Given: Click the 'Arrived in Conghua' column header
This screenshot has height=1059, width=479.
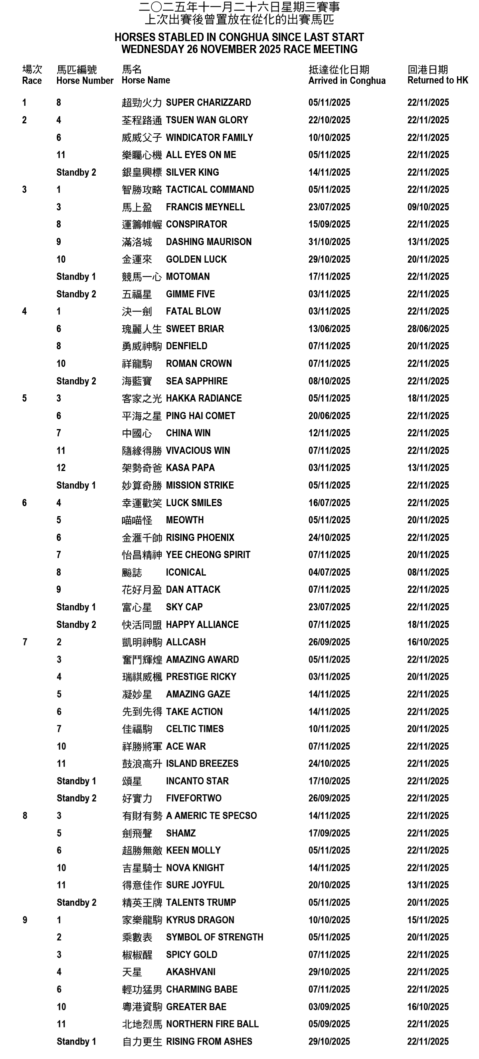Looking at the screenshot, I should [346, 81].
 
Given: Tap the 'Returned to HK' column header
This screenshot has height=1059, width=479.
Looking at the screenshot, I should [437, 80].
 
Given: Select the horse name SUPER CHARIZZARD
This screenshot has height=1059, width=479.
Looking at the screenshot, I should [208, 102].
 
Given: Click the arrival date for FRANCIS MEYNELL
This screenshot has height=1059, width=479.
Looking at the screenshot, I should [329, 207].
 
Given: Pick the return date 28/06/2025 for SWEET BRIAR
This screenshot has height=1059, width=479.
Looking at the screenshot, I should [428, 329].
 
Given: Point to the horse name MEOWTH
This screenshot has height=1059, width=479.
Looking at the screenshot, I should [184, 520].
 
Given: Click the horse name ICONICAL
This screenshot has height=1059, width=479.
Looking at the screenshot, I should [186, 572].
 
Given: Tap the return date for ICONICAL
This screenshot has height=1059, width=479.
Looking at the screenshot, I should [428, 572].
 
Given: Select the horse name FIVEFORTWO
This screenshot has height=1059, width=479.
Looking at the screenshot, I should [194, 798].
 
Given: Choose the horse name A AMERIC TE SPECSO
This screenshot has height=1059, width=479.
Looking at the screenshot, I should [211, 816].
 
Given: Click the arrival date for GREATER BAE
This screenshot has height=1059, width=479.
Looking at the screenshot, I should [329, 1007].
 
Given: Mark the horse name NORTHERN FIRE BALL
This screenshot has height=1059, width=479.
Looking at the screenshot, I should [212, 1024].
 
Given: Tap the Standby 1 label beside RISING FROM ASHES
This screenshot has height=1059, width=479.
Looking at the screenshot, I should [76, 1042].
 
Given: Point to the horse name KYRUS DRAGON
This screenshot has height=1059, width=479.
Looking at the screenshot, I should [200, 920].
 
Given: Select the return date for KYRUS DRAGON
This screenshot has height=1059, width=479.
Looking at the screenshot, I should [428, 920].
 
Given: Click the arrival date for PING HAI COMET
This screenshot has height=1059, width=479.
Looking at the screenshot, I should [329, 416].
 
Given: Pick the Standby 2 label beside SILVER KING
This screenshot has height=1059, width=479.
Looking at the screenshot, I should [76, 172].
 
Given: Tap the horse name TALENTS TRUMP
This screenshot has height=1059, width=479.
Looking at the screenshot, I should [201, 903].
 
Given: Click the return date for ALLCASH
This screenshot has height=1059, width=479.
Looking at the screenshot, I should [428, 642].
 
